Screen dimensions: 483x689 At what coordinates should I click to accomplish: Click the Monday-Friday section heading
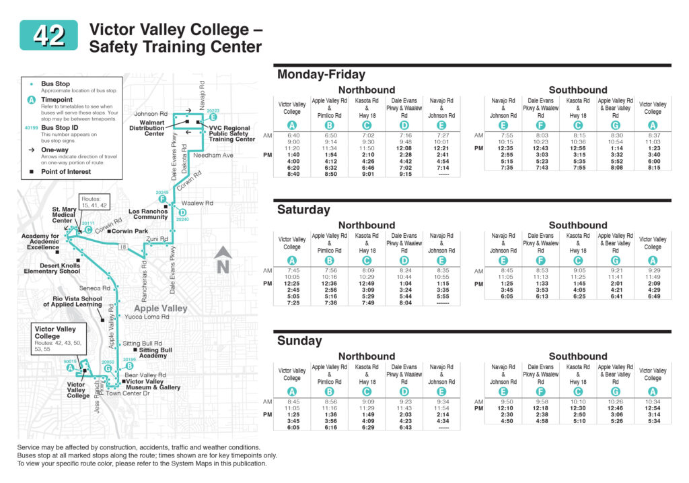click(x=321, y=75)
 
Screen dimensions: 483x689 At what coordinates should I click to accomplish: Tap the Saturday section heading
click(x=303, y=210)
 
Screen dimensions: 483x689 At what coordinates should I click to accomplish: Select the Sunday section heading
click(x=299, y=341)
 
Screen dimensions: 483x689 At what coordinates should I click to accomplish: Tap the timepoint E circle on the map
click(x=213, y=117)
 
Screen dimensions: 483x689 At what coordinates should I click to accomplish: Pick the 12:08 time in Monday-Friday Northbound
click(x=404, y=148)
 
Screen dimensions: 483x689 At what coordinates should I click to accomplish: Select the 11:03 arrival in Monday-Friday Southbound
click(x=652, y=142)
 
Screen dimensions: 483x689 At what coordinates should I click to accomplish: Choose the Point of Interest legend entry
click(x=65, y=172)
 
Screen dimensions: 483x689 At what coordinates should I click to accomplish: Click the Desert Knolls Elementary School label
click(x=52, y=267)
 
